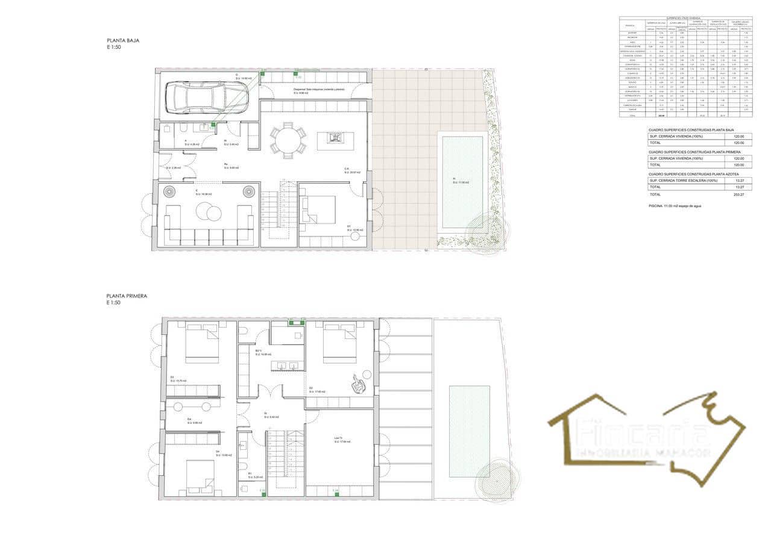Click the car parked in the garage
coord(206,98)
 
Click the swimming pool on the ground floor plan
coord(462,182)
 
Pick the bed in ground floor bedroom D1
coord(318,210)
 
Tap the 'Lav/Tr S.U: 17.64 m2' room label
coord(342,440)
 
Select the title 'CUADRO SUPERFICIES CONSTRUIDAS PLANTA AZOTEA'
coord(699,174)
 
